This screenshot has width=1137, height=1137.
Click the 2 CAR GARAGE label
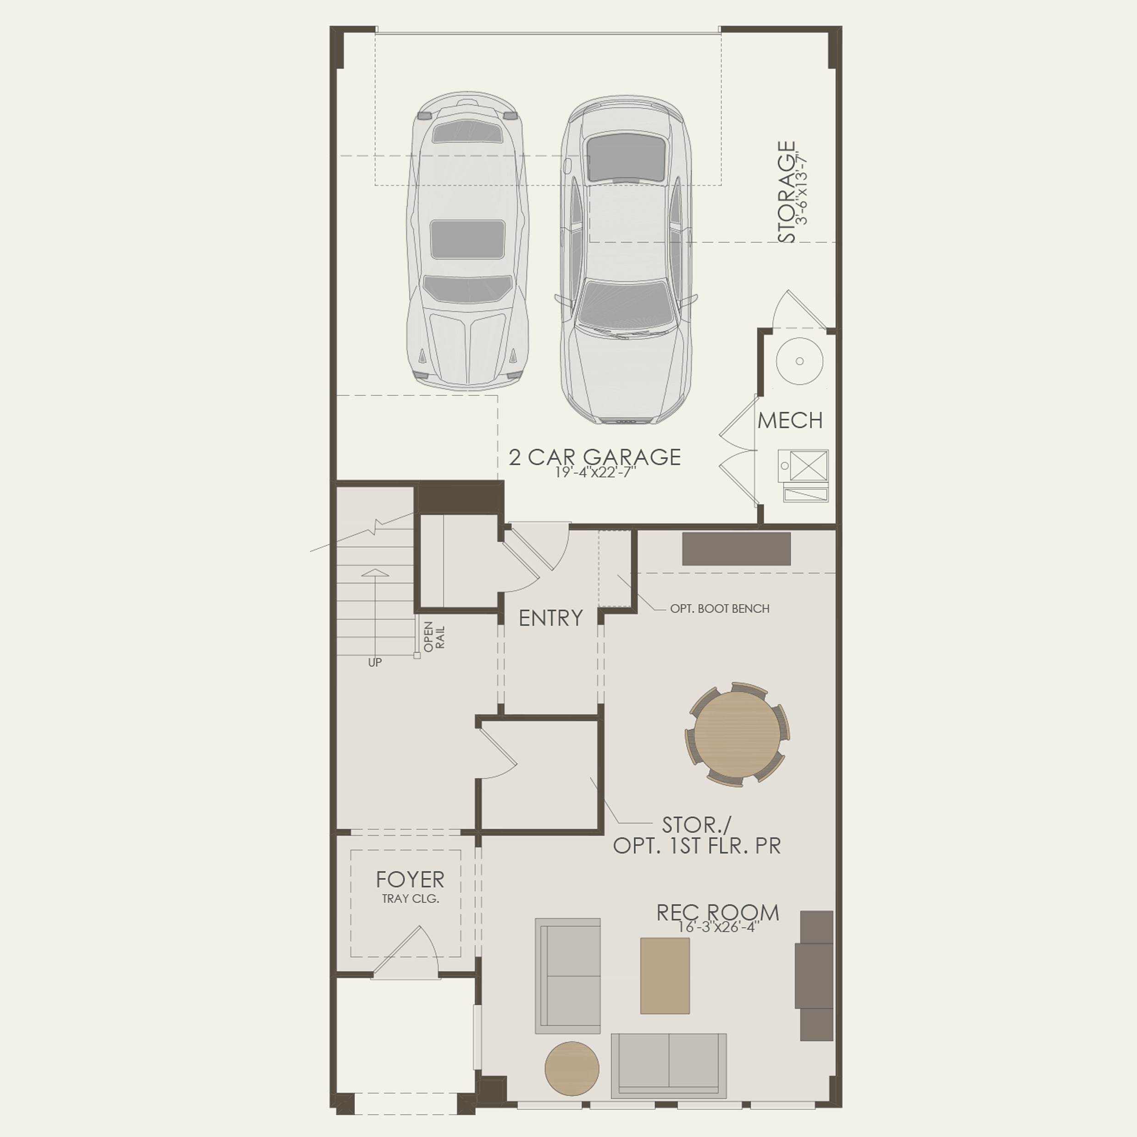[x=594, y=457]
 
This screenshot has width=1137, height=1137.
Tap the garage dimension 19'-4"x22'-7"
[x=596, y=472]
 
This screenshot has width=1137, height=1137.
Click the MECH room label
[x=790, y=420]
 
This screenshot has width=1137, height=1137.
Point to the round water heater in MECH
[x=799, y=361]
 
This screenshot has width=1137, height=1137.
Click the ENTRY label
[x=551, y=618]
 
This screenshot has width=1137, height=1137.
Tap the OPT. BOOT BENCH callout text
[x=719, y=609]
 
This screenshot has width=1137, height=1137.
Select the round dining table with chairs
[x=737, y=734]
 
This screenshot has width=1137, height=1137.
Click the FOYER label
[x=410, y=879]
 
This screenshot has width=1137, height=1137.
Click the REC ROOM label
[x=717, y=913]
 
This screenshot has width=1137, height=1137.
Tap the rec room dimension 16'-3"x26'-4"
[x=718, y=927]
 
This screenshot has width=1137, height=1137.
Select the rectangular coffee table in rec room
[x=665, y=976]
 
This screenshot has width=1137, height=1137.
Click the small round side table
[x=571, y=1068]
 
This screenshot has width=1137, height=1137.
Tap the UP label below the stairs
[x=374, y=663]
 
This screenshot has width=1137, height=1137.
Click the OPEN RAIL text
[x=434, y=636]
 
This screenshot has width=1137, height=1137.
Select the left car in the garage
[x=467, y=241]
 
